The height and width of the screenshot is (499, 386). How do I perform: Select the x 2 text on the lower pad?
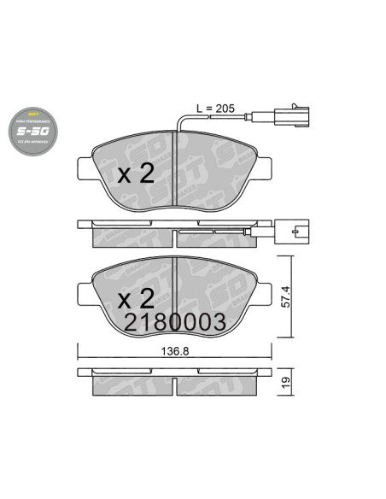click(x=134, y=298)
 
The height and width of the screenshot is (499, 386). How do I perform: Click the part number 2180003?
click(x=174, y=322)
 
